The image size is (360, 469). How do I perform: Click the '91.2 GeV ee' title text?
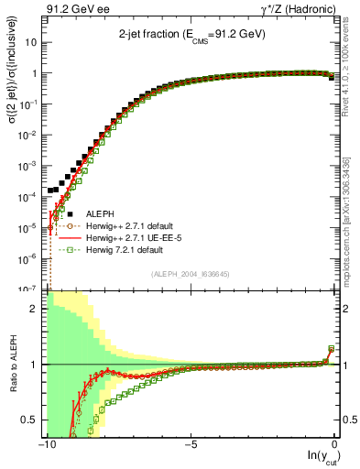click(75, 10)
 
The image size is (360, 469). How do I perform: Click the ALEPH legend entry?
click(100, 213)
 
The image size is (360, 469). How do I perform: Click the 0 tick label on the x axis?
click(333, 445)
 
